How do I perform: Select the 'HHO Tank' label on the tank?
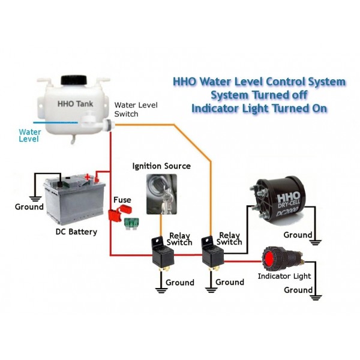tap(73, 103)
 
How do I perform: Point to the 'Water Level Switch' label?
tap(136, 109)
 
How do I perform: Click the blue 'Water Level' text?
tap(29, 134)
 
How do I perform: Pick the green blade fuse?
tap(131, 224)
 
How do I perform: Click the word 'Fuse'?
tap(122, 199)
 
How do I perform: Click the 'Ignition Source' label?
tap(161, 166)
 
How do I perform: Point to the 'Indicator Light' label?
tap(284, 277)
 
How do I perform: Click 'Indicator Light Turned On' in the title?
tap(259, 109)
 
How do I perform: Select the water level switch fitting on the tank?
tap(109, 125)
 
